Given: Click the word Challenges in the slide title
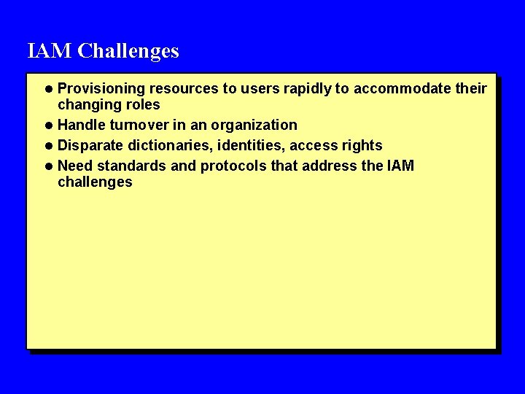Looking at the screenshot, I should point(128,51).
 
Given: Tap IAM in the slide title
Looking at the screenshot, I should point(50,51).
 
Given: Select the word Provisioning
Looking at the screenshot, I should point(101,89).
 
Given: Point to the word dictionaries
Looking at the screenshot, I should point(168,145).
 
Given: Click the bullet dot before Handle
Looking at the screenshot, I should point(49,125).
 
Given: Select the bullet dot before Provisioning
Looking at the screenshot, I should point(49,90).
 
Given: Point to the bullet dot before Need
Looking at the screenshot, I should point(49,166).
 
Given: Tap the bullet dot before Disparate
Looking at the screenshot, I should point(49,146).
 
